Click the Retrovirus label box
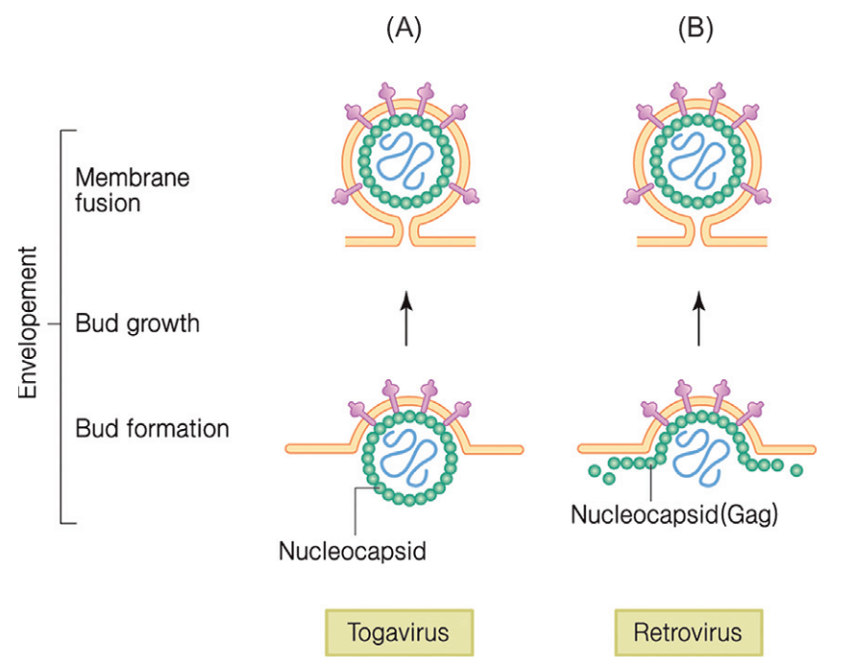pos(687,633)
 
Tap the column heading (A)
pos(404,30)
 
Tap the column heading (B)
pos(696,30)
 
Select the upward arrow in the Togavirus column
pos(405,321)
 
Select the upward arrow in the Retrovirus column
pos(698,321)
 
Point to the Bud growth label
pos(137,323)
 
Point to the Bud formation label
pos(152,428)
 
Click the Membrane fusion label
pos(120,190)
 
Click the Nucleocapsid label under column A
pos(352,551)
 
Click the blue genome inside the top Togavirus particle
pos(404,157)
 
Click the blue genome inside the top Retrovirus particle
pos(697,157)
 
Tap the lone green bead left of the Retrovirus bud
pos(596,470)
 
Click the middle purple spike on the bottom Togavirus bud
pos(404,393)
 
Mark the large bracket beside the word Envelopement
pos(61,326)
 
